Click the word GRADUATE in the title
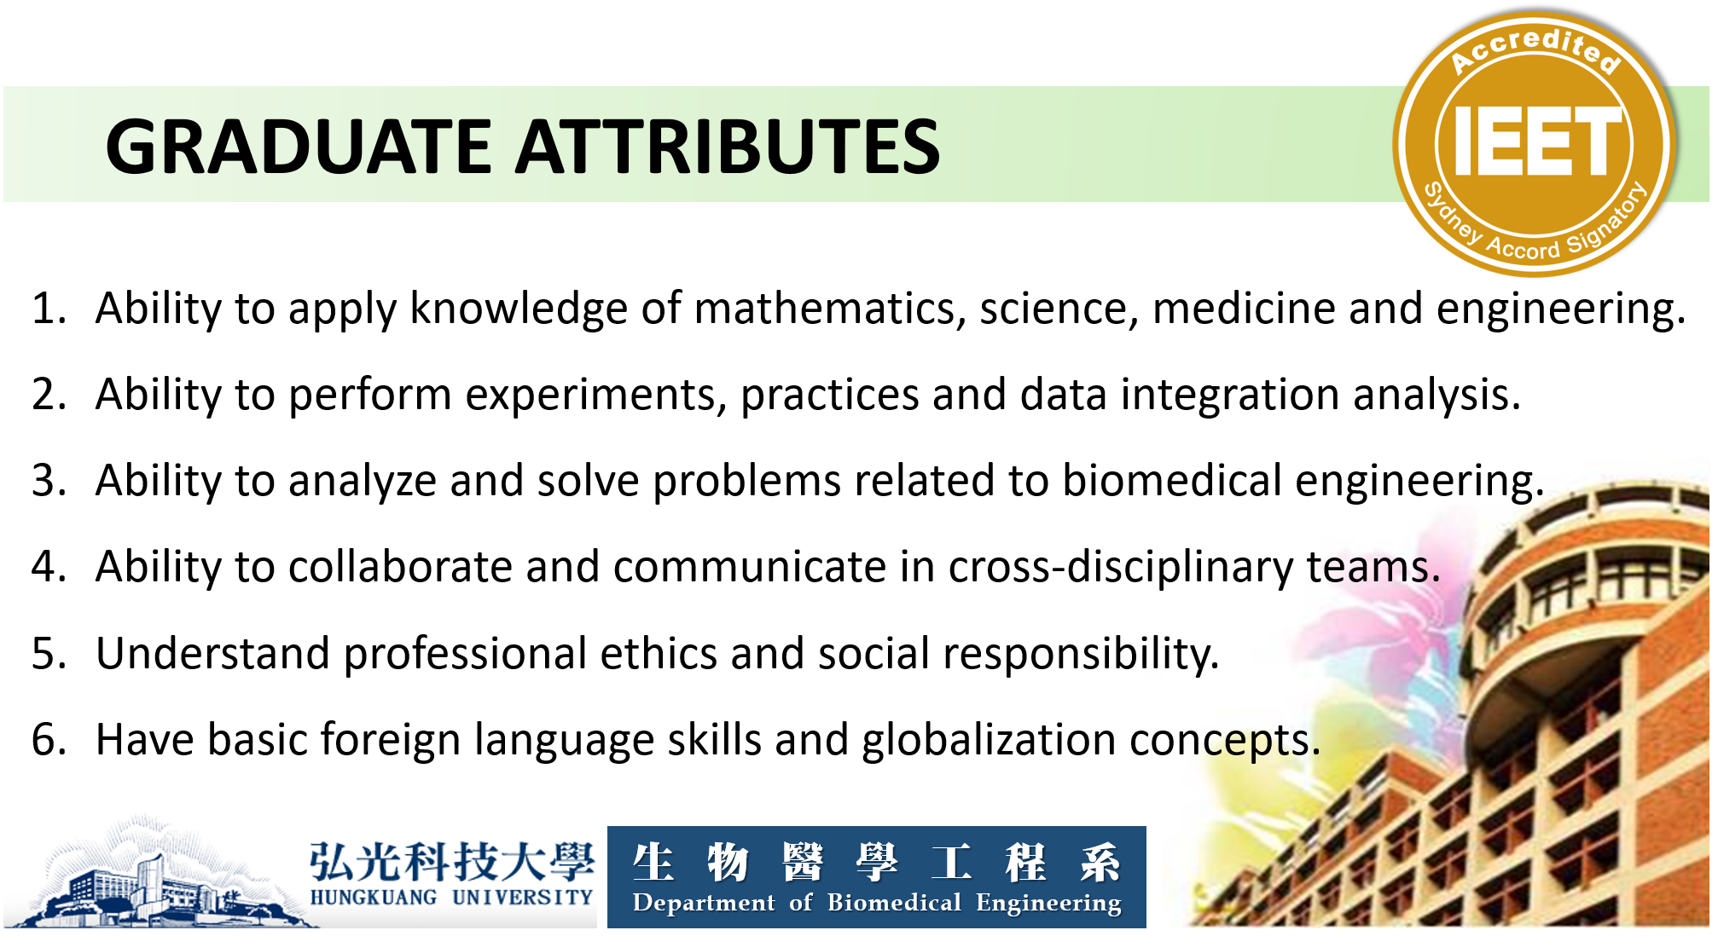pos(299,147)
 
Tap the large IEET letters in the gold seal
pos(1535,142)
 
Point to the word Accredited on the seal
pos(1535,49)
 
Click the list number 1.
pos(49,308)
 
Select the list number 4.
pos(49,567)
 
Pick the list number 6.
pos(49,739)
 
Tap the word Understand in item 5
pos(212,653)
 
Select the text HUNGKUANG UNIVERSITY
pos(451,897)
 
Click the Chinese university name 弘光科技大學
pos(451,861)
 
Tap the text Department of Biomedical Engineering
pos(877,903)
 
